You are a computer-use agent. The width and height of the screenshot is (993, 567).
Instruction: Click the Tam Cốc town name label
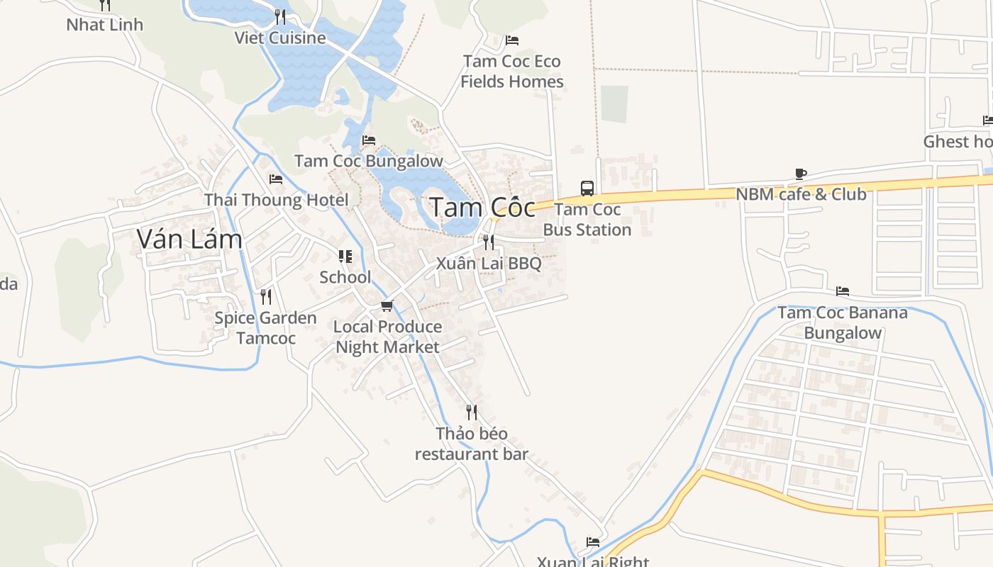pos(482,208)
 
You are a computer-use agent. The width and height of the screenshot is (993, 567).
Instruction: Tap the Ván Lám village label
pos(189,240)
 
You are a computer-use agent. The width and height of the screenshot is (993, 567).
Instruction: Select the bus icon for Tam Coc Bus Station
pos(587,188)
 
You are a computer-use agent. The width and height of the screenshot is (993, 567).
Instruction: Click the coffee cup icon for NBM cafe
pos(801,174)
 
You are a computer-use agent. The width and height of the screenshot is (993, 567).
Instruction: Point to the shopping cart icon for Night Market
pos(387,306)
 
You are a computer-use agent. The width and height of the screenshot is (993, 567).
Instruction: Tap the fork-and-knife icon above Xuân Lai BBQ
pos(489,242)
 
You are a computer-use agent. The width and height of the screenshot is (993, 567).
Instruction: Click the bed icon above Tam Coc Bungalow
pos(369,140)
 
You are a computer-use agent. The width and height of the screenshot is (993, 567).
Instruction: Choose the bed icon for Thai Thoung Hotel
pos(276,179)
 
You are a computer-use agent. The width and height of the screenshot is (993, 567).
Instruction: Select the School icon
pos(345,257)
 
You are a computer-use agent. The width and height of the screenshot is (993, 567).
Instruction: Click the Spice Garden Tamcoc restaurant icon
pos(266,296)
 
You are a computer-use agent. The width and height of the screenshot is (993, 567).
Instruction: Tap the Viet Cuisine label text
pos(280,38)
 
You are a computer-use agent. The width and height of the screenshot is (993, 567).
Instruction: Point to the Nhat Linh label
pos(105,25)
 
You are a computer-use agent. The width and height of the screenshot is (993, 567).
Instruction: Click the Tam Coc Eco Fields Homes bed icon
pos(512,40)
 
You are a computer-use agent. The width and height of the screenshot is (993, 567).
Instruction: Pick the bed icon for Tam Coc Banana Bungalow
pos(843,291)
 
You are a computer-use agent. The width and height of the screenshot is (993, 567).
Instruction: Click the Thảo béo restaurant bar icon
pos(472,412)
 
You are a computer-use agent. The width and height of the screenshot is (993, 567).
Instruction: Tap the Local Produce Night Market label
pos(387,337)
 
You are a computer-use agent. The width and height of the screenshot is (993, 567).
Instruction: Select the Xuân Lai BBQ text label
pos(489,264)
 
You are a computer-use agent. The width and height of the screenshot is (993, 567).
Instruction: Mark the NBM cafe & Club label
pos(801,194)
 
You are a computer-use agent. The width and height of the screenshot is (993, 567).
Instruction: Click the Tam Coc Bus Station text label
pos(587,220)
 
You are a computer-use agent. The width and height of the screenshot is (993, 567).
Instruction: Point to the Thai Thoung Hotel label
pos(276,200)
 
